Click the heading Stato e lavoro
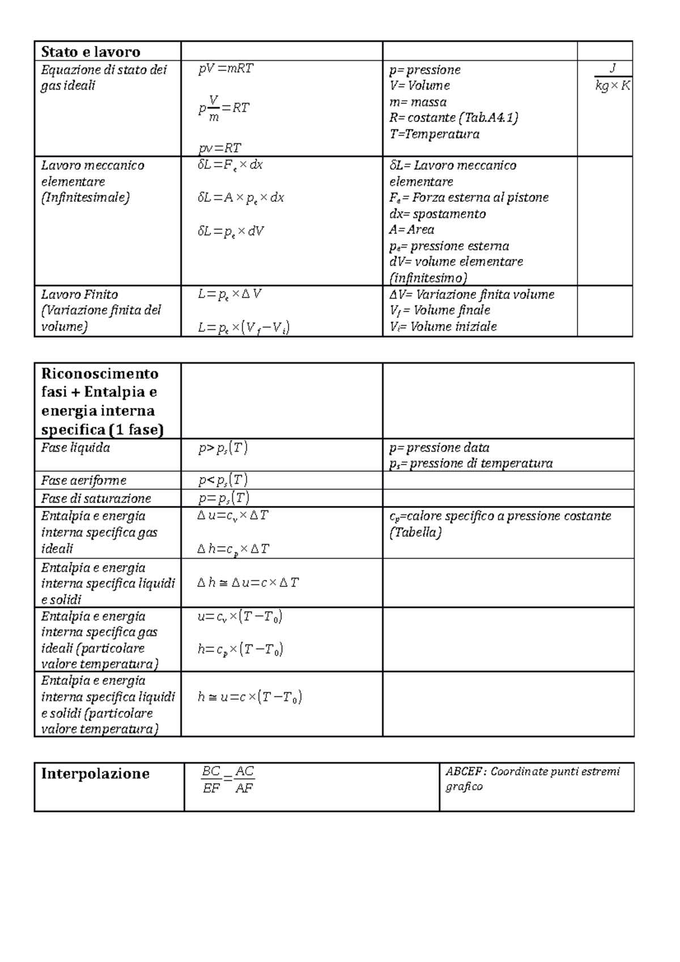tap(91, 52)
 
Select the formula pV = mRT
tap(226, 69)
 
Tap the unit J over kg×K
tap(612, 77)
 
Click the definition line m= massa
tap(418, 102)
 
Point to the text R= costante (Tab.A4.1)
tap(454, 118)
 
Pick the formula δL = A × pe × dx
tap(241, 198)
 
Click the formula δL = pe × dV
tap(231, 231)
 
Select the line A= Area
tap(412, 229)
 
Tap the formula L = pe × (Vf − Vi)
tap(244, 327)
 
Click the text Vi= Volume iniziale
tap(443, 326)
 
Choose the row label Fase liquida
tap(75, 448)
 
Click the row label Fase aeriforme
tap(83, 480)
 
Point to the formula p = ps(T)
tap(224, 498)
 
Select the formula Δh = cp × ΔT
tap(233, 548)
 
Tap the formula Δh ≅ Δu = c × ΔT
tap(248, 582)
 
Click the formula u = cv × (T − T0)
tap(240, 617)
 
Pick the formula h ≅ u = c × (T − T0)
tap(249, 697)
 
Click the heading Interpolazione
tap(95, 774)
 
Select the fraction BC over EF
tap(211, 780)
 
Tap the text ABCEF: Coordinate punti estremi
tap(533, 772)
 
